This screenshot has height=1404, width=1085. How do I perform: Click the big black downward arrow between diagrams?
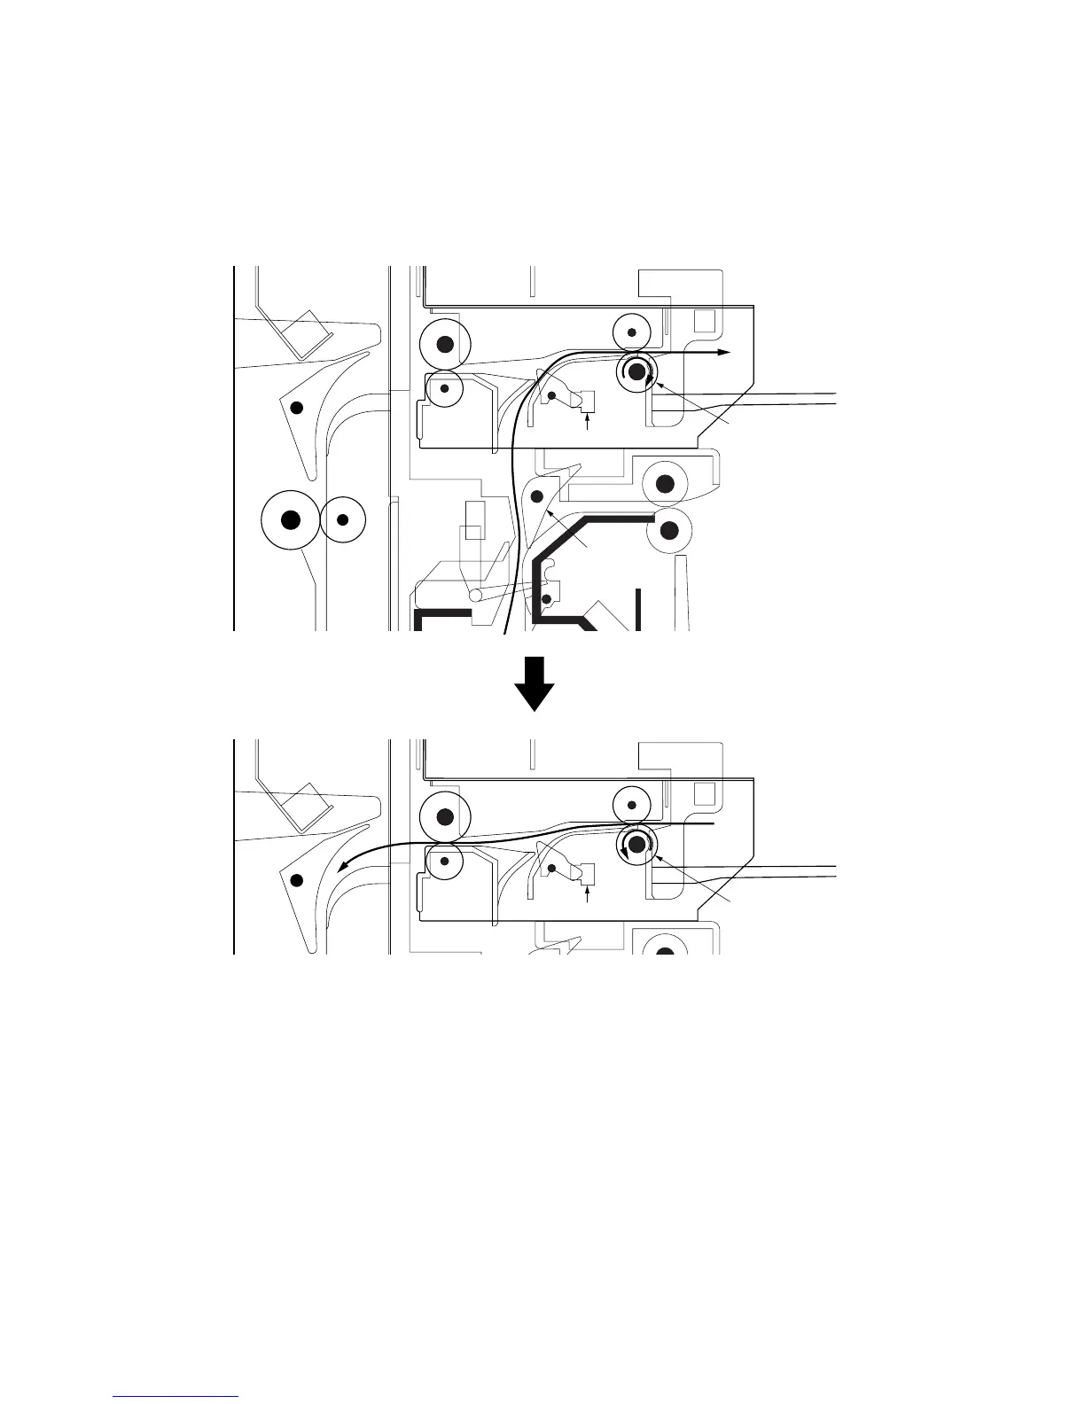[535, 683]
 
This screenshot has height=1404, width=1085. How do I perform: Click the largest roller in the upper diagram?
[289, 520]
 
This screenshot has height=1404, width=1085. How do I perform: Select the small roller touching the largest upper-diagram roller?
[343, 519]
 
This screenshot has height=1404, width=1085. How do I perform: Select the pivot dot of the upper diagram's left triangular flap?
[298, 408]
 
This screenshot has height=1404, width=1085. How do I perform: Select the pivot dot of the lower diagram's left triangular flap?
[298, 879]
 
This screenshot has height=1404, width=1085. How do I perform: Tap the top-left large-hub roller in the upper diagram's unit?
[445, 344]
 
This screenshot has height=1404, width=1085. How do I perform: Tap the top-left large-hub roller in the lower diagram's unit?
[445, 815]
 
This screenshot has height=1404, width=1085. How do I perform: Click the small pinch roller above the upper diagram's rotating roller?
[632, 332]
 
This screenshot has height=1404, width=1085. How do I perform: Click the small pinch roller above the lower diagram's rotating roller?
[632, 805]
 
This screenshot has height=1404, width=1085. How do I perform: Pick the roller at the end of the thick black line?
[670, 530]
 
